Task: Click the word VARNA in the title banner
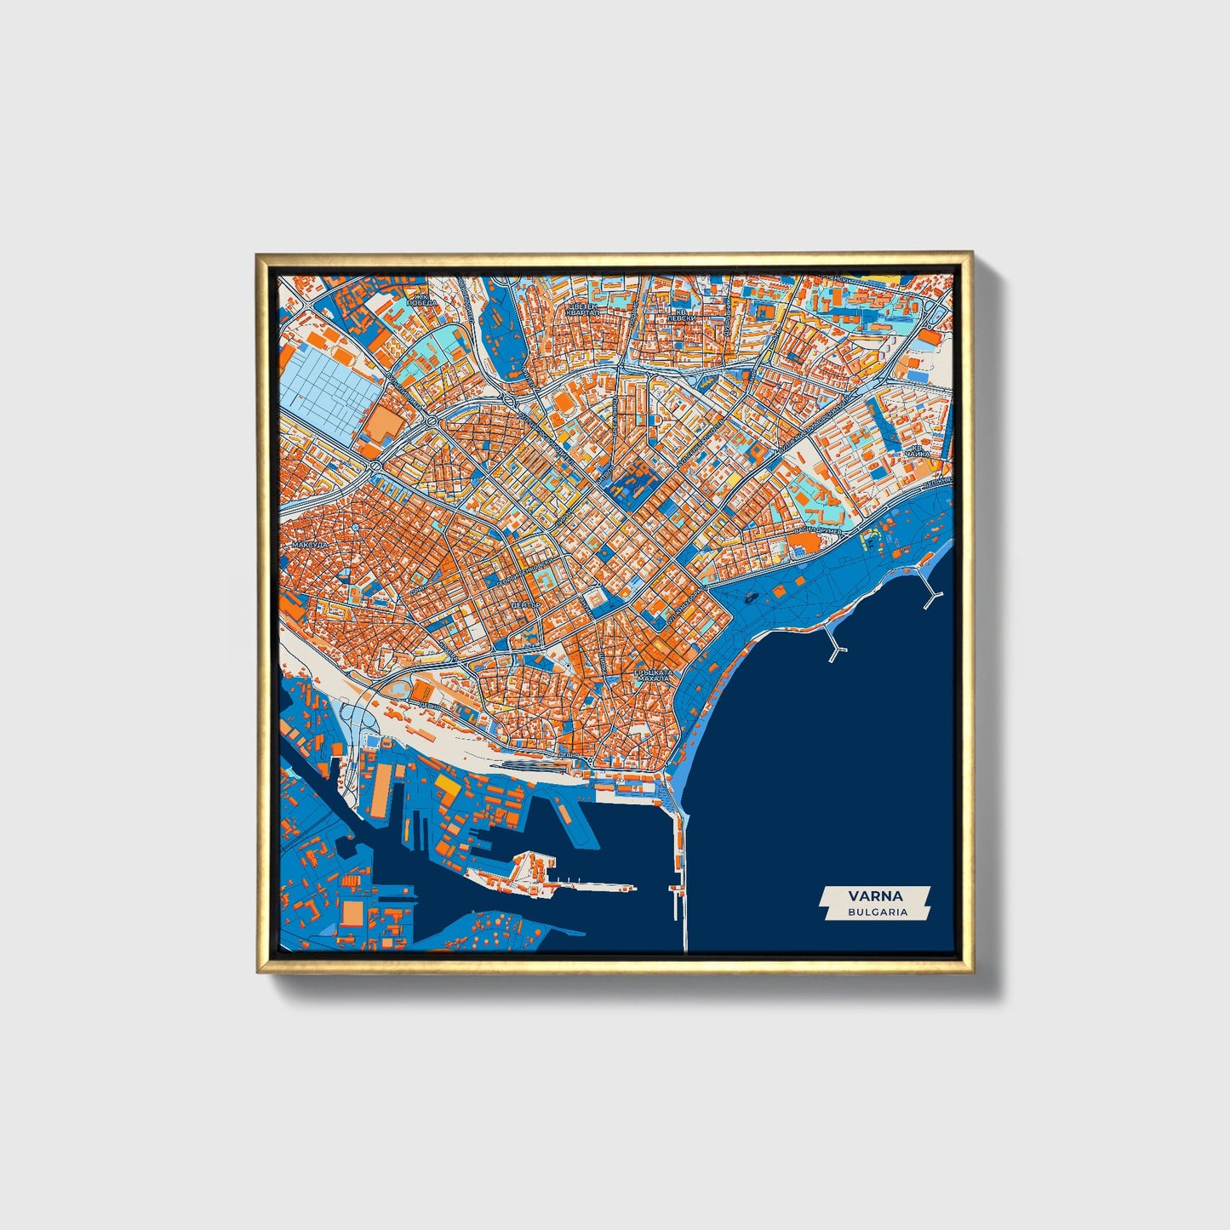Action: [875, 895]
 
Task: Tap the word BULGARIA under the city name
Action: [876, 912]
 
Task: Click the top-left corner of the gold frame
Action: [257, 254]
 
